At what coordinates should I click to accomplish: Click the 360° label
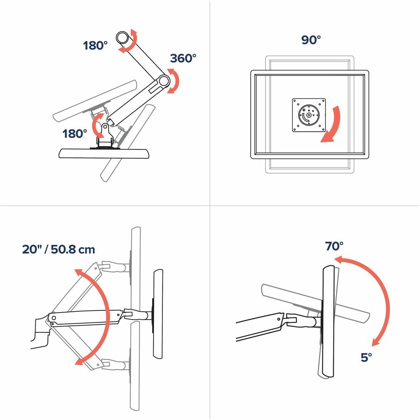(x=183, y=58)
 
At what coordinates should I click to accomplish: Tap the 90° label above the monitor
(x=311, y=40)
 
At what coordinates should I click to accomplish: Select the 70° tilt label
(x=334, y=246)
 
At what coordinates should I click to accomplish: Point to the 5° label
(x=366, y=357)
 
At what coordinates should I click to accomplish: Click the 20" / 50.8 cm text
(x=58, y=249)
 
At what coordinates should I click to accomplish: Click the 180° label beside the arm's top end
(x=95, y=45)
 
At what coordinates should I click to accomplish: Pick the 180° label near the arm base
(x=75, y=133)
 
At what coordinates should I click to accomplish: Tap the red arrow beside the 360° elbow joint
(x=175, y=81)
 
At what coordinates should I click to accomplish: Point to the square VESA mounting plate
(x=309, y=115)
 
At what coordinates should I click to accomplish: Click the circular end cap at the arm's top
(x=123, y=37)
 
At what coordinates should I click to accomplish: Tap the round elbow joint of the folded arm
(x=162, y=81)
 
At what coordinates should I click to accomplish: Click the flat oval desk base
(x=104, y=154)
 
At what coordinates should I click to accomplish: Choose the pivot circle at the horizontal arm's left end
(x=54, y=318)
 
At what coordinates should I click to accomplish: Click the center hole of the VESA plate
(x=309, y=115)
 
